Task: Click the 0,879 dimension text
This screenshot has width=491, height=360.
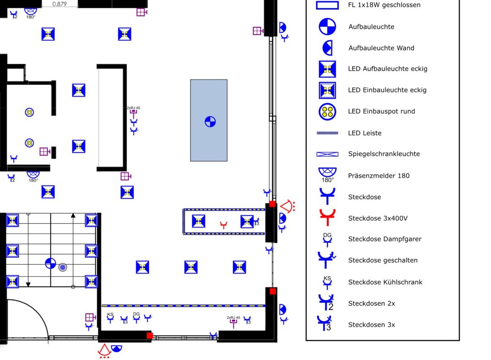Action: [59, 4]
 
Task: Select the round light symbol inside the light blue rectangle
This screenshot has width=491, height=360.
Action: [210, 122]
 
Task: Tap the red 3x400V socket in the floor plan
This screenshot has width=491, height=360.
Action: [223, 225]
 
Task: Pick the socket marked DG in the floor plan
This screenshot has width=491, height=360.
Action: [136, 317]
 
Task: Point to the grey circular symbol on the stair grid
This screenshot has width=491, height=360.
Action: [62, 267]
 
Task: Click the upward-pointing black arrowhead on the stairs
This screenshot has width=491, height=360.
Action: [73, 215]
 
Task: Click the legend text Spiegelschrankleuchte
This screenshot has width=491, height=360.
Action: [384, 154]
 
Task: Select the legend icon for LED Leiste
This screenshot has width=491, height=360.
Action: [327, 133]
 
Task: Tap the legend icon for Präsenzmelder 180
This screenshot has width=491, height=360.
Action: [327, 175]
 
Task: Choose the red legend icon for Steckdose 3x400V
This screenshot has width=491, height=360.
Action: [327, 217]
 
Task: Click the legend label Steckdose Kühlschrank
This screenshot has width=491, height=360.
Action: [385, 282]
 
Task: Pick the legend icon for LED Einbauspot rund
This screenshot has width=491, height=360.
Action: [327, 111]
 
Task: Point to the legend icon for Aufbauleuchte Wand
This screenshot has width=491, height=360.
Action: [327, 48]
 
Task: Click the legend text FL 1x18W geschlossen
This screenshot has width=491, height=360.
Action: [384, 5]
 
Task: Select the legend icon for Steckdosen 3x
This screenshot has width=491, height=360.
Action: [324, 323]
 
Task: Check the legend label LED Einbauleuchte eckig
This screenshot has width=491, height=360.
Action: [387, 90]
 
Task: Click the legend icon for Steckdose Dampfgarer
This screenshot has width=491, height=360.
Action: [327, 239]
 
